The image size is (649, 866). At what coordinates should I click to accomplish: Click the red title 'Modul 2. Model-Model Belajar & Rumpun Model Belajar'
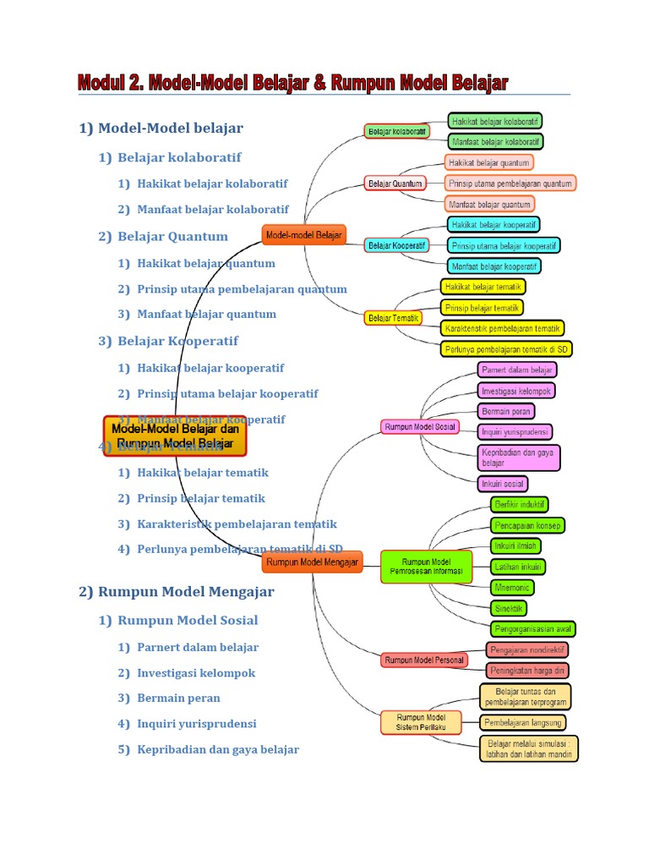[x=292, y=83]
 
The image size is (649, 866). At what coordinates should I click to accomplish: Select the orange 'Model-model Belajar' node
[x=304, y=235]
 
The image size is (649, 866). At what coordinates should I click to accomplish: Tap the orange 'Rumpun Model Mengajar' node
[x=313, y=562]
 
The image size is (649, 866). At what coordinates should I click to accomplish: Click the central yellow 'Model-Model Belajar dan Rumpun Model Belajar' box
[x=175, y=436]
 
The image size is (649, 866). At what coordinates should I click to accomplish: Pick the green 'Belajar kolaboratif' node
[x=397, y=131]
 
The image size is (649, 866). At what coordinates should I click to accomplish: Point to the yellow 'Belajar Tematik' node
[x=394, y=318]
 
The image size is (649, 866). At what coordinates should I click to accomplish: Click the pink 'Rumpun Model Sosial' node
[x=420, y=427]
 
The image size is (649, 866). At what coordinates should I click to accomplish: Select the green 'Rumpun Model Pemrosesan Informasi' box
[x=426, y=566]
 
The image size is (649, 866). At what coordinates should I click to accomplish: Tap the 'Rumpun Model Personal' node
[x=424, y=660]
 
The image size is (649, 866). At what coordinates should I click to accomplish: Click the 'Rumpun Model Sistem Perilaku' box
[x=421, y=722]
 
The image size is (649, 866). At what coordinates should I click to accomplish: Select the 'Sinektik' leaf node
[x=510, y=608]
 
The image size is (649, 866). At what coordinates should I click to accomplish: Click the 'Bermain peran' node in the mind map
[x=506, y=411]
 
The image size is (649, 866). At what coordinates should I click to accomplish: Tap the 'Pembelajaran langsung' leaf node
[x=523, y=722]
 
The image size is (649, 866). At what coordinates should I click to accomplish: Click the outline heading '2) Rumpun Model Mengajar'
[x=177, y=592]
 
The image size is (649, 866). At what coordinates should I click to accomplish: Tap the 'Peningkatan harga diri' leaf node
[x=527, y=671]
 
